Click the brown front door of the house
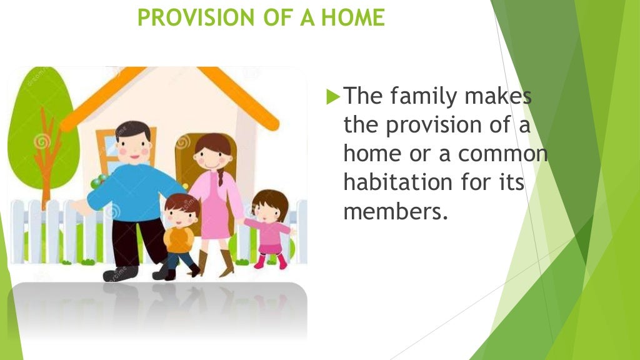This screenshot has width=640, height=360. point(187,156)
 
